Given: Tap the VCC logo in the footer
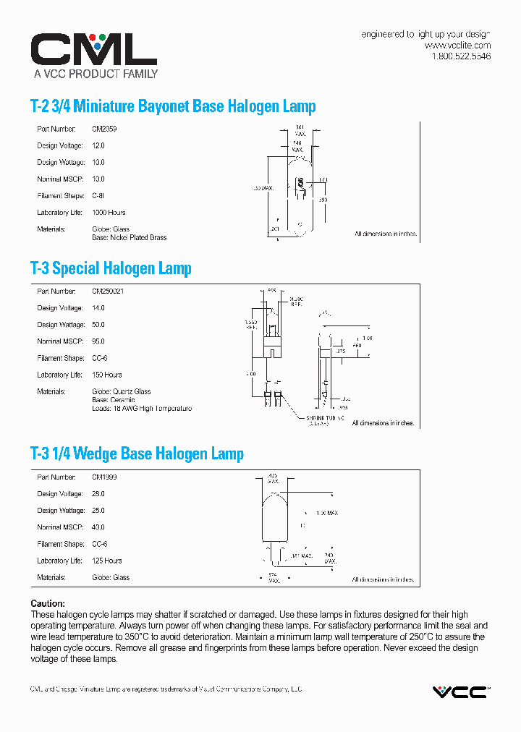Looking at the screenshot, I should point(460,691).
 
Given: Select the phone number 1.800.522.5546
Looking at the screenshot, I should point(461,56).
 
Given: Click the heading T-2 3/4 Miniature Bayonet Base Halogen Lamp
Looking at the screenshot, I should point(173,106).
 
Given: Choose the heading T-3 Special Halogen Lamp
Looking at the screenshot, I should point(111,268).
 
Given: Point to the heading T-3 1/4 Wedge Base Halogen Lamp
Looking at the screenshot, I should point(137,454).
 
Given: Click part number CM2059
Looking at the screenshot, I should point(104,129).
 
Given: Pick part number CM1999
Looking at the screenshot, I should point(104,477).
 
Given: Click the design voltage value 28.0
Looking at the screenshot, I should point(98,494).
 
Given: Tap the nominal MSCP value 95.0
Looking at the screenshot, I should point(98,341).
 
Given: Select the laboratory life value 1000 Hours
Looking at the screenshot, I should point(109,213).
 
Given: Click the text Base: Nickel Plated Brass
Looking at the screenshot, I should point(130,237).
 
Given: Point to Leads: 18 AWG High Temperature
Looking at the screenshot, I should point(142,409).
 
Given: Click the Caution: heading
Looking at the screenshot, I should point(48,603).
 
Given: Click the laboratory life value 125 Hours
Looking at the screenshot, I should point(107,561).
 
